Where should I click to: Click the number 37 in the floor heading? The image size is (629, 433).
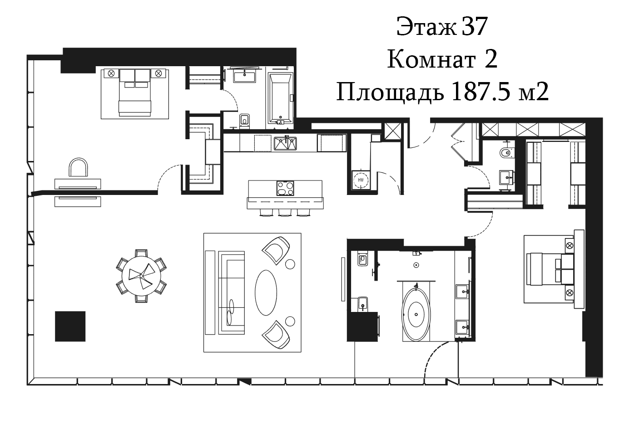click(474, 27)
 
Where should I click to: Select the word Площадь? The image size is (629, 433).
click(390, 93)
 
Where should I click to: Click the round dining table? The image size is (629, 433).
click(141, 276)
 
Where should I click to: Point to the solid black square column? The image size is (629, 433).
click(70, 326)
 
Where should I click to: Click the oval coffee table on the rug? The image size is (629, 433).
click(266, 292)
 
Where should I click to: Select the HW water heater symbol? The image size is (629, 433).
click(361, 180)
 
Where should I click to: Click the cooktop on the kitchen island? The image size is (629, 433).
click(285, 188)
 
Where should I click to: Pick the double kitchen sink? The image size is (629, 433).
click(285, 143)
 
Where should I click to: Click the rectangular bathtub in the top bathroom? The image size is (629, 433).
click(281, 98)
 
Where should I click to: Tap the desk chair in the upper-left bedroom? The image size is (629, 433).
click(79, 168)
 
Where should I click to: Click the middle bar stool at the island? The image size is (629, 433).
click(285, 213)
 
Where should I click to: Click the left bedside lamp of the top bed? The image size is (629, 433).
click(111, 73)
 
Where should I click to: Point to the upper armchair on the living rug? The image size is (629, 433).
click(276, 250)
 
